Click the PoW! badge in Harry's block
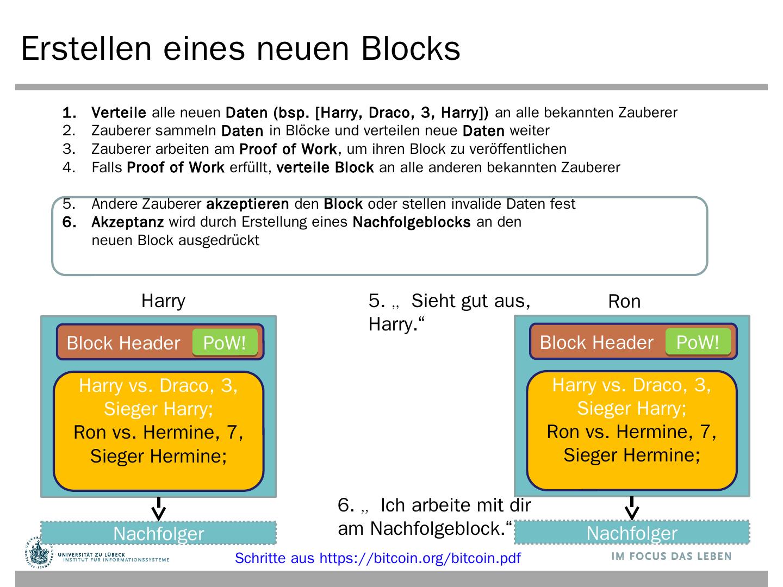click(224, 343)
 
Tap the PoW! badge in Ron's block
click(698, 342)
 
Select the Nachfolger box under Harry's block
click(158, 533)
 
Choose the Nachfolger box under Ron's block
click(632, 533)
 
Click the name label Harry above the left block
click(163, 301)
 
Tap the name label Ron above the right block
click(624, 301)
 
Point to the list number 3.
click(69, 149)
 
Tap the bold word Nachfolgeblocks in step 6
click(411, 222)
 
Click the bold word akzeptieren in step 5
click(247, 204)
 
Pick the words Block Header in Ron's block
click(596, 342)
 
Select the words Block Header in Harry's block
click(123, 343)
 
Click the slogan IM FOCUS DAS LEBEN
click(671, 556)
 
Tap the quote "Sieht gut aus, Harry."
click(449, 312)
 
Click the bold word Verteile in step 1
click(119, 113)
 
